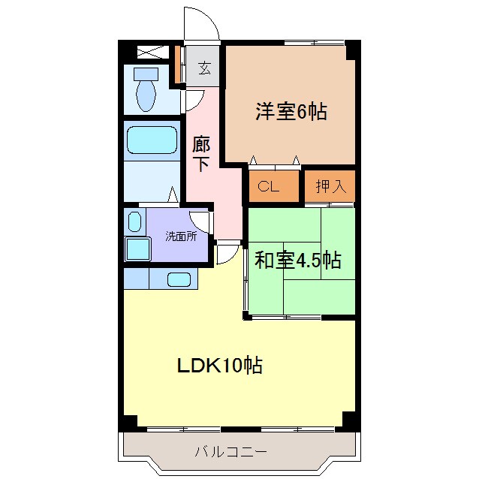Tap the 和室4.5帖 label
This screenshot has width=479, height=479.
pyautogui.click(x=298, y=261)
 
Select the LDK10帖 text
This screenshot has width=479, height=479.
pyautogui.click(x=219, y=366)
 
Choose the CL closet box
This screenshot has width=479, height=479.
pyautogui.click(x=269, y=187)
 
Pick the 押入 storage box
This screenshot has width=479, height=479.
pyautogui.click(x=330, y=187)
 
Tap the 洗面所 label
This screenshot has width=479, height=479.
pyautogui.click(x=181, y=236)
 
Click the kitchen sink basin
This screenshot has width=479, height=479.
pyautogui.click(x=179, y=279)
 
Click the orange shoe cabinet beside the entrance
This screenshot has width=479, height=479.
pyautogui.click(x=179, y=65)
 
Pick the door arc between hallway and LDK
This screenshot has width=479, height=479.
pyautogui.click(x=227, y=254)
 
